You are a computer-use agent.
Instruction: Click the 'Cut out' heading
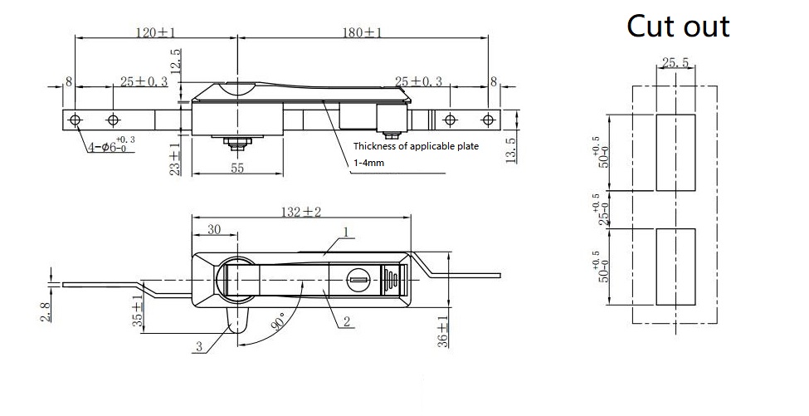(x=678, y=26)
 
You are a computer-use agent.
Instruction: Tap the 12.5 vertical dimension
(x=174, y=62)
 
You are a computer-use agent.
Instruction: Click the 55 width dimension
(x=236, y=167)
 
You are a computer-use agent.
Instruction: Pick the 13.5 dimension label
(x=510, y=152)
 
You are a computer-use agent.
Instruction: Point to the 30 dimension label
(x=213, y=229)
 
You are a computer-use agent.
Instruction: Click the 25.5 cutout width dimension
(x=676, y=62)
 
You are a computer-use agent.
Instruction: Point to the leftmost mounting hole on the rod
(x=76, y=120)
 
